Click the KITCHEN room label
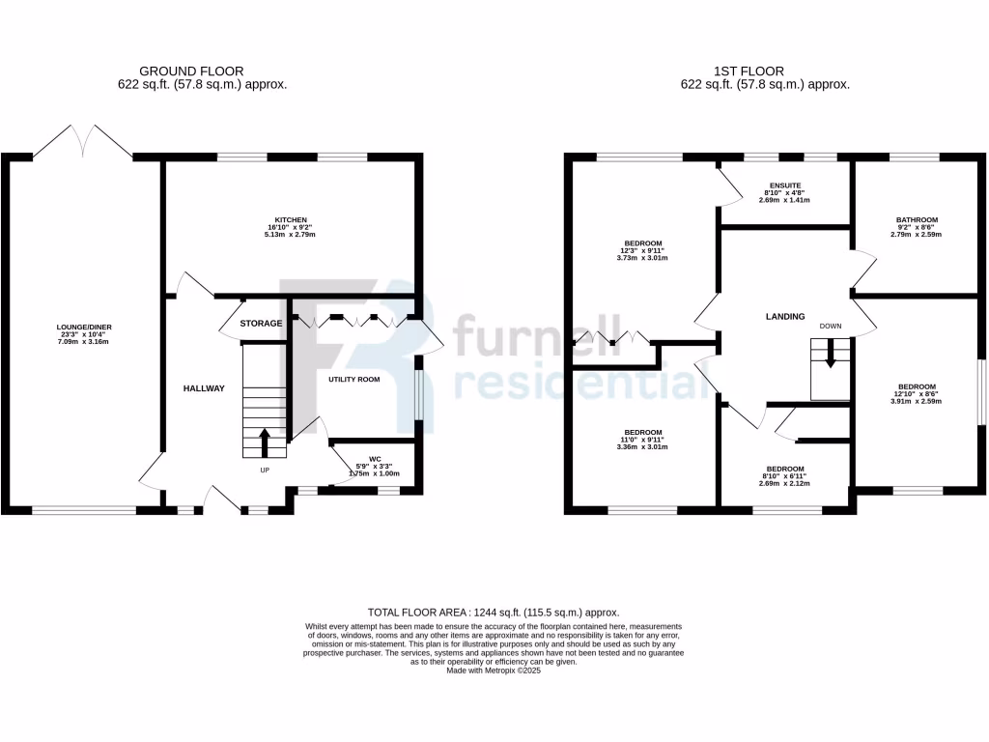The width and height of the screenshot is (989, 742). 291,219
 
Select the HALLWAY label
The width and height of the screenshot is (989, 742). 204,388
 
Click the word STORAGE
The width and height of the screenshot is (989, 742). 262,324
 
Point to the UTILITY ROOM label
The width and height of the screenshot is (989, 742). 353,380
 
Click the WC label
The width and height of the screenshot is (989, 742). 375,459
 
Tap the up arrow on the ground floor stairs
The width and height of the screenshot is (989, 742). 265,442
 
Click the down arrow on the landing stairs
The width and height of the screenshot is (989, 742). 831,355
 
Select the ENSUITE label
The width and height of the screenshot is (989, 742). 785,185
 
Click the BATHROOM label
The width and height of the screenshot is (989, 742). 916,219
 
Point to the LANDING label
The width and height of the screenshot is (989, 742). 785,316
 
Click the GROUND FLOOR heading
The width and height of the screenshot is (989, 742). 191,71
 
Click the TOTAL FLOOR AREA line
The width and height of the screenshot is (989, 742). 494,613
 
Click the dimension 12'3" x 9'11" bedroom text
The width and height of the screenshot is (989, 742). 642,250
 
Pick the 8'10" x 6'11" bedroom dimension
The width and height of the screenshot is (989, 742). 785,476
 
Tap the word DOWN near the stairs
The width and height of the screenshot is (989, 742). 831,327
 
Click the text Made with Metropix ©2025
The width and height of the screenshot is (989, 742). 494,670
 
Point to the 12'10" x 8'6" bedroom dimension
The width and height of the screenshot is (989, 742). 916,394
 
